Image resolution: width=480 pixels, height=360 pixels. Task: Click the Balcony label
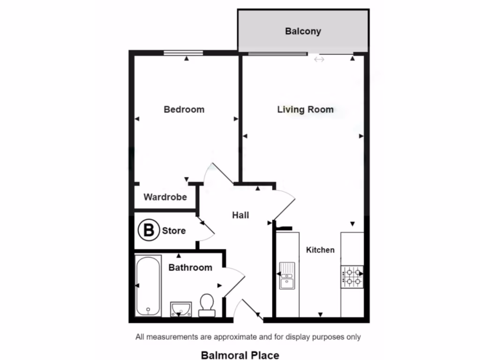tap(303, 31)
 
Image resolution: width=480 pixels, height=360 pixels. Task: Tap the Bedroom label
tap(184, 109)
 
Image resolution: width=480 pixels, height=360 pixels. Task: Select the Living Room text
tap(305, 109)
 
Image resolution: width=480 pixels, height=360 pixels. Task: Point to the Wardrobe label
tap(165, 197)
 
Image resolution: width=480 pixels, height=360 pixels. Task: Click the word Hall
tap(240, 215)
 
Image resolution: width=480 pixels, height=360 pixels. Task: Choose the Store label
tap(174, 231)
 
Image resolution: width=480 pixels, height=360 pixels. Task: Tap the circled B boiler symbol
tap(148, 231)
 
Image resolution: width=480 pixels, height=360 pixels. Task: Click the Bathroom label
tap(190, 268)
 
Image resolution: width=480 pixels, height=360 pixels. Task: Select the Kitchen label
tap(320, 250)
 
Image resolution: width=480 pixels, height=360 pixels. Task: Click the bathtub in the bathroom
tap(148, 285)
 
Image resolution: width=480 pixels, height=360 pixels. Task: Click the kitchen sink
tap(287, 276)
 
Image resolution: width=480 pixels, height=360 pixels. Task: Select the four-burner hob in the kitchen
tap(352, 277)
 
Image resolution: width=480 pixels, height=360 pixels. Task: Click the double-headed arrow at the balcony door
tap(319, 60)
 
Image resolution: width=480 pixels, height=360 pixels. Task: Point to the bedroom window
tap(183, 53)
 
